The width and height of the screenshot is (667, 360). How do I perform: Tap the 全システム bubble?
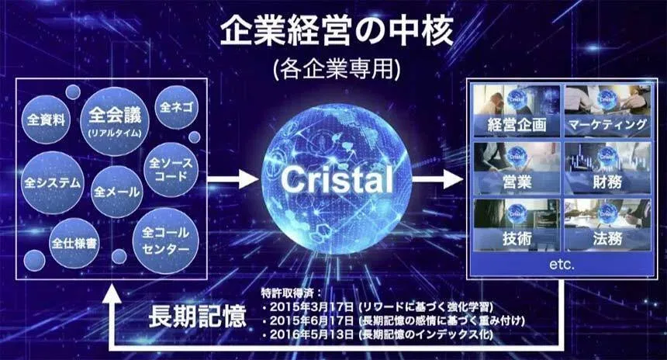(52, 183)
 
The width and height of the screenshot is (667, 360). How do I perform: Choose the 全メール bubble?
(116, 191)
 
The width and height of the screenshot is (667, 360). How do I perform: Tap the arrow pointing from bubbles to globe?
(233, 179)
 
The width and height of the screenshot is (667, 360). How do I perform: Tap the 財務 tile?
(607, 168)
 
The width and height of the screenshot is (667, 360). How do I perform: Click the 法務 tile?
(607, 226)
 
